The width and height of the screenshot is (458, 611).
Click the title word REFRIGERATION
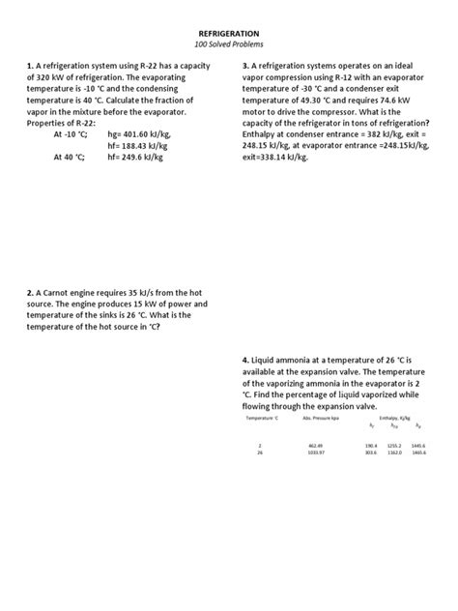tap(228, 33)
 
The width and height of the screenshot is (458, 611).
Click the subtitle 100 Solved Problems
tap(228, 45)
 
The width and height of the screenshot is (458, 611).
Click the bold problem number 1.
tap(30, 67)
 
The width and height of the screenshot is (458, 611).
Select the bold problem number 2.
tap(30, 293)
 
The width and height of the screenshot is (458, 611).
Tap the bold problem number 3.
tap(244, 67)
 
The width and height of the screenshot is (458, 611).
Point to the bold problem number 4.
tap(244, 361)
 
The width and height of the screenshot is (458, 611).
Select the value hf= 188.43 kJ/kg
tap(153, 148)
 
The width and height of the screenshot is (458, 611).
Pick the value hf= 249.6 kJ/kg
tap(150, 160)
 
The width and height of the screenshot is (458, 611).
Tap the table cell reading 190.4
tap(371, 446)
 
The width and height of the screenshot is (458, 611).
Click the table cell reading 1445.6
tap(417, 446)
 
